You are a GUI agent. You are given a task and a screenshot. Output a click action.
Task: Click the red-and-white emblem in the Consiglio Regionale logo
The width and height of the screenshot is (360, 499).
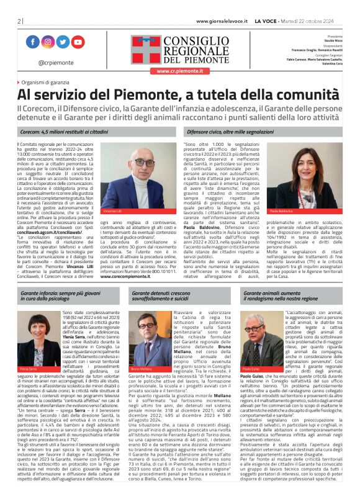pyautogui.click(x=146, y=49)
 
